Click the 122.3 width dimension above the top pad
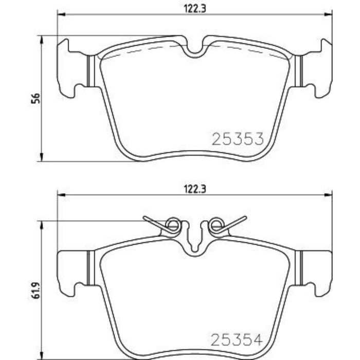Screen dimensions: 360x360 click(x=191, y=7)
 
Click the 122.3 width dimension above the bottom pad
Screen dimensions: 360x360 click(x=191, y=188)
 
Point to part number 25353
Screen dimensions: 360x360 click(x=238, y=139)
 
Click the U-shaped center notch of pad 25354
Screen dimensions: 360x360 click(x=194, y=242)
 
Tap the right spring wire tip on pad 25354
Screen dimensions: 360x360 click(x=245, y=218)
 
